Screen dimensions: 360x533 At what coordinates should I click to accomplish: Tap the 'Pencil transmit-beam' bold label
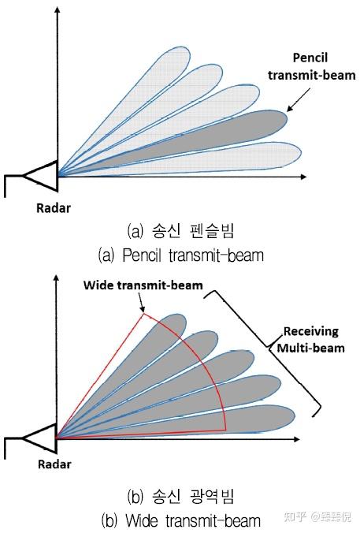pyautogui.click(x=311, y=66)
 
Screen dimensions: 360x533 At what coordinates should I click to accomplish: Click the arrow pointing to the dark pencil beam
pyautogui.click(x=299, y=99)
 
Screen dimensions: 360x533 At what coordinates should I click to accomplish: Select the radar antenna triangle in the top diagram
pyautogui.click(x=41, y=176)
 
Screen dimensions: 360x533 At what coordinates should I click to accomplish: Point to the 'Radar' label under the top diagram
pyautogui.click(x=54, y=208)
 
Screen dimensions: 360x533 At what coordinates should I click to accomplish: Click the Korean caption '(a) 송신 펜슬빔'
pyautogui.click(x=180, y=231)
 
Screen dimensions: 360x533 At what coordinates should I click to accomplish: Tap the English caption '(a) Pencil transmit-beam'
pyautogui.click(x=180, y=255)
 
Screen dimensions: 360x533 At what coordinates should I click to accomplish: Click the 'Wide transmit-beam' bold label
pyautogui.click(x=143, y=285)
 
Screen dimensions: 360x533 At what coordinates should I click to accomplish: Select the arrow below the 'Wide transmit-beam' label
pyautogui.click(x=141, y=301)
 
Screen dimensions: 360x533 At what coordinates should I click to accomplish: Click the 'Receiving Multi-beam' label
pyautogui.click(x=310, y=340)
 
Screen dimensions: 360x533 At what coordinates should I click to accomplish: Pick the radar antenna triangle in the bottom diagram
pyautogui.click(x=40, y=438)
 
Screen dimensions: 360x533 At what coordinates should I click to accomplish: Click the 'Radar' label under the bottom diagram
pyautogui.click(x=54, y=464)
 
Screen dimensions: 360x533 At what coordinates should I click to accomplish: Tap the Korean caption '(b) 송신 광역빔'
pyautogui.click(x=180, y=497)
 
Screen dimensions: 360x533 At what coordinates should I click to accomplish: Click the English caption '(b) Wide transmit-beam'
pyautogui.click(x=180, y=520)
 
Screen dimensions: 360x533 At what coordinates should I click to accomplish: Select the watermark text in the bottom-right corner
pyautogui.click(x=317, y=516)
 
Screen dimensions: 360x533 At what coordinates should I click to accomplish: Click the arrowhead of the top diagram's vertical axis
pyautogui.click(x=58, y=9)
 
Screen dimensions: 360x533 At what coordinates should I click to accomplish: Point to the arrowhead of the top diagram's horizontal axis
pyautogui.click(x=303, y=177)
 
